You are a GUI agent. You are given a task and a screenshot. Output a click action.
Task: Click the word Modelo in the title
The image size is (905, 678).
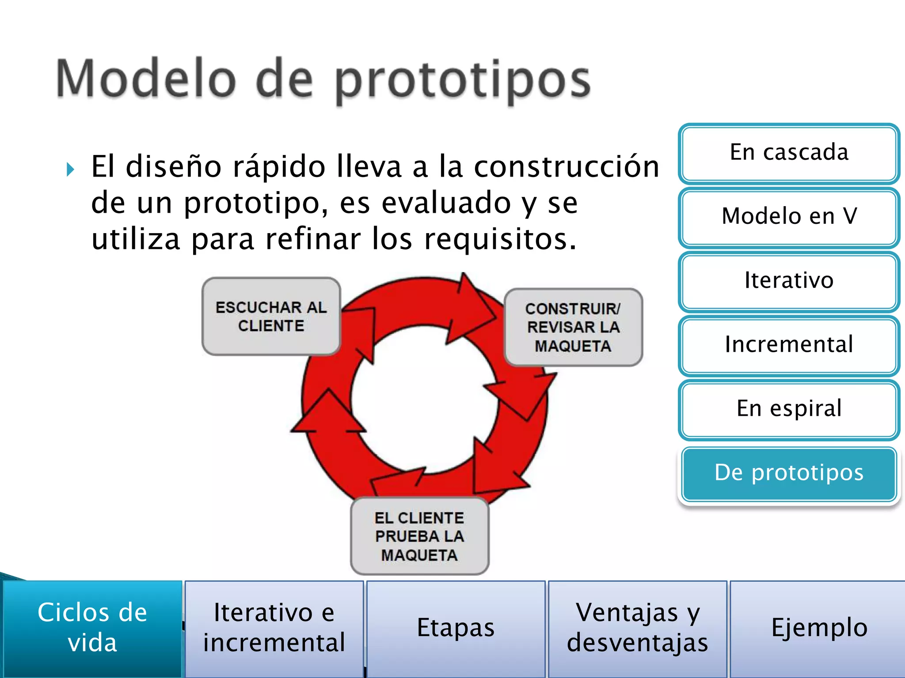click(x=146, y=79)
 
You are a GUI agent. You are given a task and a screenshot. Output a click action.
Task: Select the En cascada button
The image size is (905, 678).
click(x=789, y=153)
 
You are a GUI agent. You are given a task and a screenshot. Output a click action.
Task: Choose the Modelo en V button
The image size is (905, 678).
click(x=789, y=217)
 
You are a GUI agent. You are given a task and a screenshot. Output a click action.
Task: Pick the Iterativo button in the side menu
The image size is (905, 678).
click(x=789, y=281)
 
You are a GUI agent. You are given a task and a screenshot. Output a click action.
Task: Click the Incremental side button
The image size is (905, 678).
click(x=789, y=345)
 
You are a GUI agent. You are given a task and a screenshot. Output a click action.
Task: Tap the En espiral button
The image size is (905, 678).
click(x=789, y=409)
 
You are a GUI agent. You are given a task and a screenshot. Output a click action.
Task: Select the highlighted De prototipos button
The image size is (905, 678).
click(x=789, y=473)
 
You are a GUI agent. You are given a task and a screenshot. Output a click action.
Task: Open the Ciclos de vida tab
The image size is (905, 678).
click(x=92, y=628)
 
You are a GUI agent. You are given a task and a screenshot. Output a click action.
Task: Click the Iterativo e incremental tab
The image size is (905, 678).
click(x=274, y=628)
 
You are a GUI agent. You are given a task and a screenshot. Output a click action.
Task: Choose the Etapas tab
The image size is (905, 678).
click(x=456, y=628)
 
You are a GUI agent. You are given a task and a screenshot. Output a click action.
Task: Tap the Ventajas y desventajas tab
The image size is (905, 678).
click(x=637, y=628)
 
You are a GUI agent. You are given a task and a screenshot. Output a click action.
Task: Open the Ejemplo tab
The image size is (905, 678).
click(x=819, y=628)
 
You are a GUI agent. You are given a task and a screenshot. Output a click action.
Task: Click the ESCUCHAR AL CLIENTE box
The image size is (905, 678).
click(x=271, y=316)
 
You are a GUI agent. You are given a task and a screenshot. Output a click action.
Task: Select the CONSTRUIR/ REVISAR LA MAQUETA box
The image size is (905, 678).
click(x=573, y=327)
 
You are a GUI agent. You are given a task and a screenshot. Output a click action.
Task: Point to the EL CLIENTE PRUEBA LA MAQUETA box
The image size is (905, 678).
click(x=419, y=536)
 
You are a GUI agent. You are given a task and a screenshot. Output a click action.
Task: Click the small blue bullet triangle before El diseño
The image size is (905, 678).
click(x=70, y=169)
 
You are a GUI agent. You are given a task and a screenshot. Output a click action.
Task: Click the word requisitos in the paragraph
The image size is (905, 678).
click(x=500, y=239)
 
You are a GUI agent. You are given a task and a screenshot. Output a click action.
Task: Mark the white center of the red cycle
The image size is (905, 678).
click(x=424, y=399)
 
